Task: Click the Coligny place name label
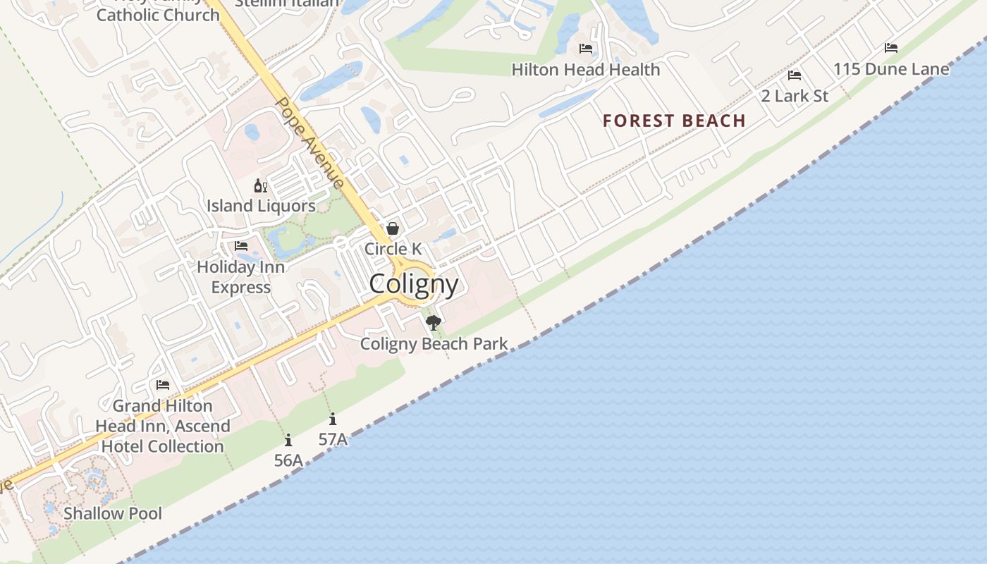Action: [414, 284]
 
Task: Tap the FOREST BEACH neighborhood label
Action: [674, 121]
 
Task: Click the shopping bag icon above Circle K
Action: [393, 228]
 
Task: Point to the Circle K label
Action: [393, 249]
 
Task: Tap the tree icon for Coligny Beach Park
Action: [434, 323]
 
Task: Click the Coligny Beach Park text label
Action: [434, 344]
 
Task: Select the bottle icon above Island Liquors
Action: [261, 186]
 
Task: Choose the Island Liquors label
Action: [261, 206]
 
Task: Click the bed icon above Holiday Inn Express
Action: [241, 246]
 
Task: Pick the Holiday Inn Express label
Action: [241, 277]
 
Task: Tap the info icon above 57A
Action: [333, 419]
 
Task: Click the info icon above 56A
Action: [288, 441]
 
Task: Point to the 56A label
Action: [288, 460]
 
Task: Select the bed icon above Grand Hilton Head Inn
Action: [163, 385]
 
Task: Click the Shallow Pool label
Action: [113, 513]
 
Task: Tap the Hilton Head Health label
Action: [586, 70]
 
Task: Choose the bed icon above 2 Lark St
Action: [795, 75]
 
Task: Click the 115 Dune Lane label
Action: [891, 69]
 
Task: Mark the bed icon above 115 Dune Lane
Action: [891, 48]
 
